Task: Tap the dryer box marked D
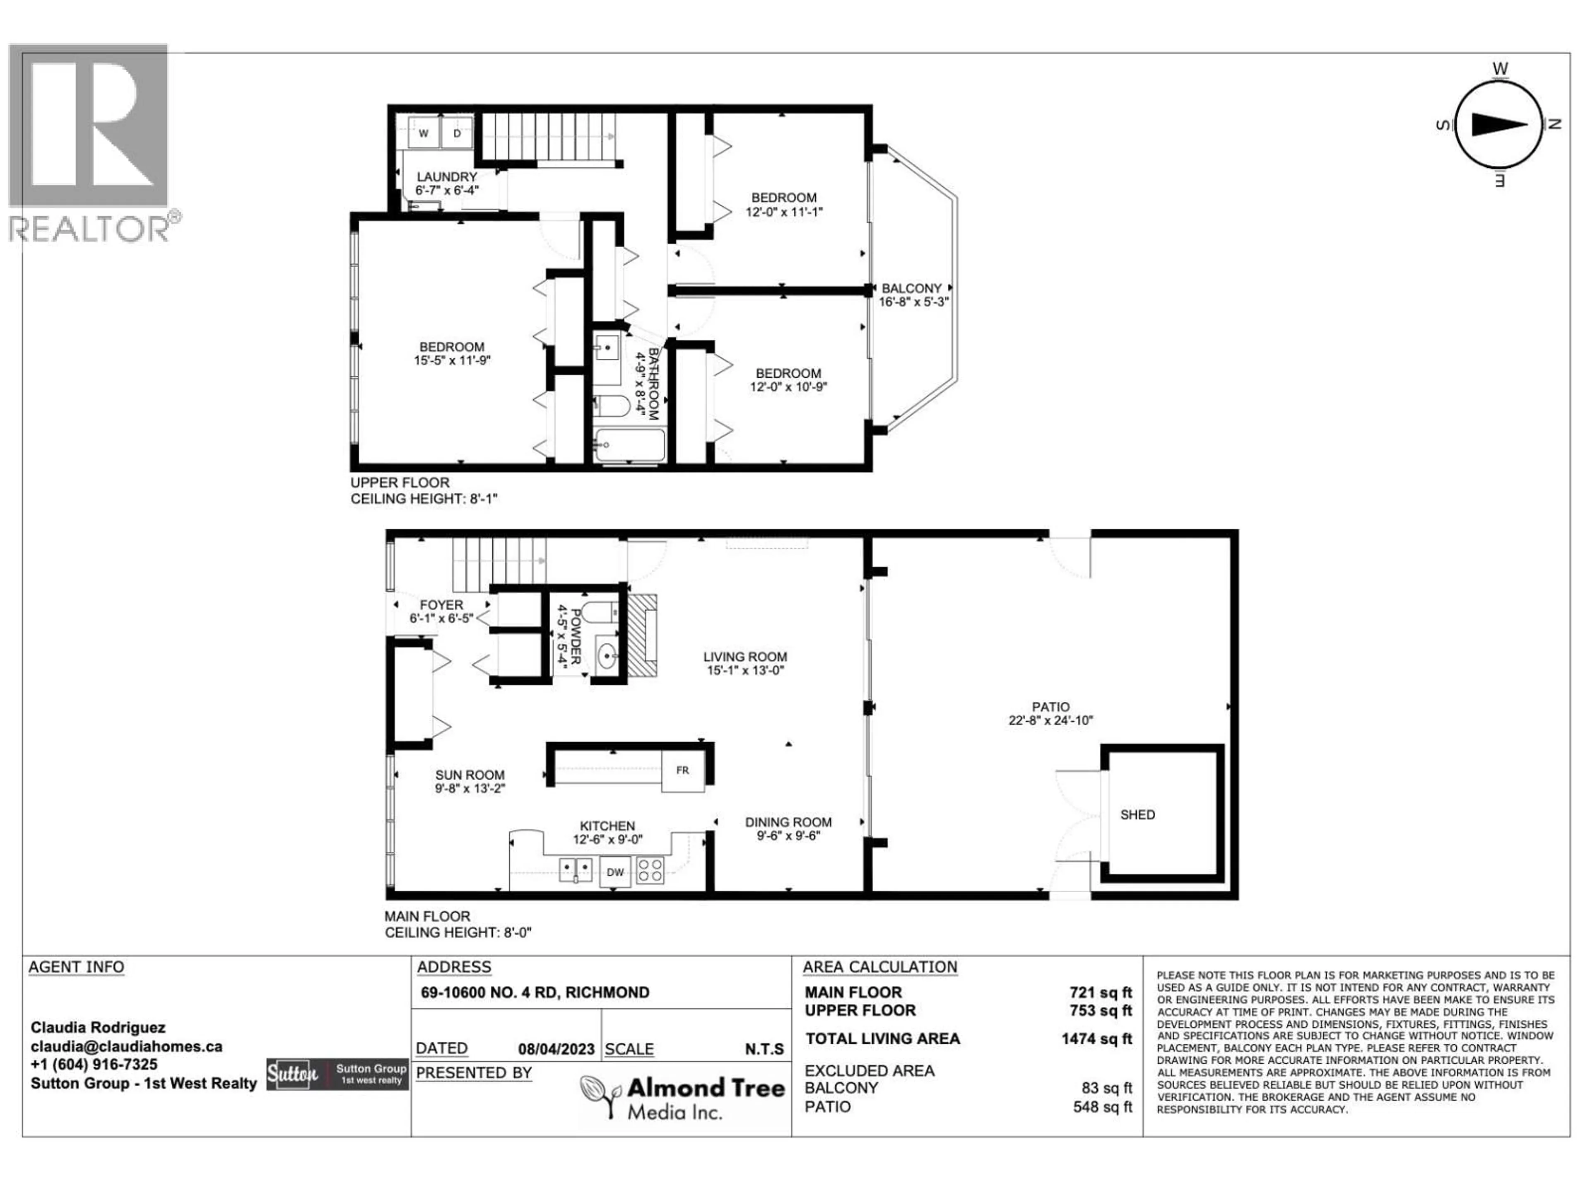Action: (x=456, y=133)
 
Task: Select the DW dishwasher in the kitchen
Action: (x=615, y=872)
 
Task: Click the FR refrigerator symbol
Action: (x=682, y=770)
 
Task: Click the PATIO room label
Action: (x=1050, y=707)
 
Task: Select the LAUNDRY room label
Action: (x=446, y=177)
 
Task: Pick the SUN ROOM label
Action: (x=470, y=775)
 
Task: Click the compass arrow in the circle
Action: (x=1499, y=124)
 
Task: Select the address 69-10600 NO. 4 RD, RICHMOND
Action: (x=535, y=993)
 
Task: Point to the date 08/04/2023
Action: (x=556, y=1049)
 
